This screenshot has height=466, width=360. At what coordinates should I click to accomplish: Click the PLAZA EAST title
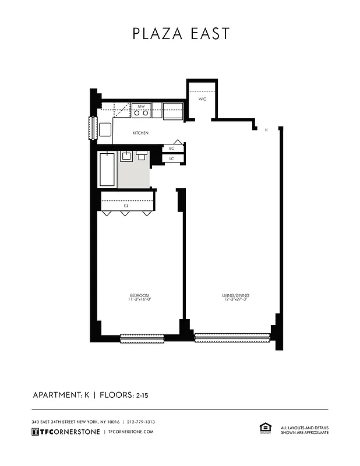(181, 34)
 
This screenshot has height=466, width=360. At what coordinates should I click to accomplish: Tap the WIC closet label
(202, 99)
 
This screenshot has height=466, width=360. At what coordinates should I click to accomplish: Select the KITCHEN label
(140, 133)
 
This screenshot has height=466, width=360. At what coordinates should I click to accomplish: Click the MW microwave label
(141, 106)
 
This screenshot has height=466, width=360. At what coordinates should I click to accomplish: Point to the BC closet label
(172, 149)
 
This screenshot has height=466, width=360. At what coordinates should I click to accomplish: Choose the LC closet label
(172, 158)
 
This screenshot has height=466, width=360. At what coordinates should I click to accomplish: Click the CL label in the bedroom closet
(126, 206)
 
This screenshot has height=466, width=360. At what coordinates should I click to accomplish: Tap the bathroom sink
(126, 156)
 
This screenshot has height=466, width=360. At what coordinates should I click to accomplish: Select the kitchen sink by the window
(105, 129)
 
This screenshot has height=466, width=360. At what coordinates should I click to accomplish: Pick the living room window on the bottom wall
(232, 337)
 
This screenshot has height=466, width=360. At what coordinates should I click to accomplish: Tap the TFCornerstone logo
(65, 432)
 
